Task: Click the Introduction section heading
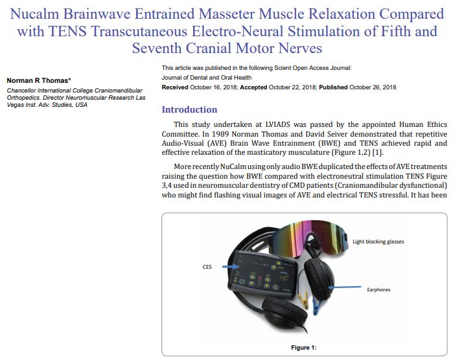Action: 189,109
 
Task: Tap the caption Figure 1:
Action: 304,348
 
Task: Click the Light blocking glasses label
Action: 378,242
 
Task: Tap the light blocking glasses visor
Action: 305,237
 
